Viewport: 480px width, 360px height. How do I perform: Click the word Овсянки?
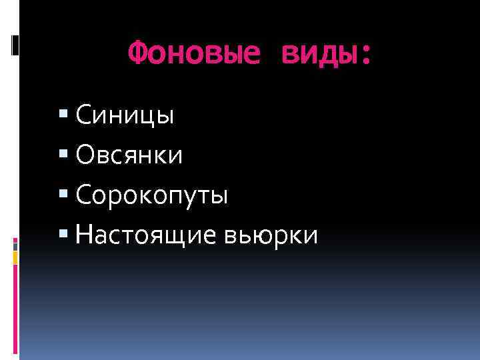point(129,155)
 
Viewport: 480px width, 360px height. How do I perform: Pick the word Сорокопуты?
point(152,195)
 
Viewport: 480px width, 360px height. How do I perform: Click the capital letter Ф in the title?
point(136,53)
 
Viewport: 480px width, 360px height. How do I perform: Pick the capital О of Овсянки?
point(85,155)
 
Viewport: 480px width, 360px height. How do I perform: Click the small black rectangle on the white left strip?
point(15,45)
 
